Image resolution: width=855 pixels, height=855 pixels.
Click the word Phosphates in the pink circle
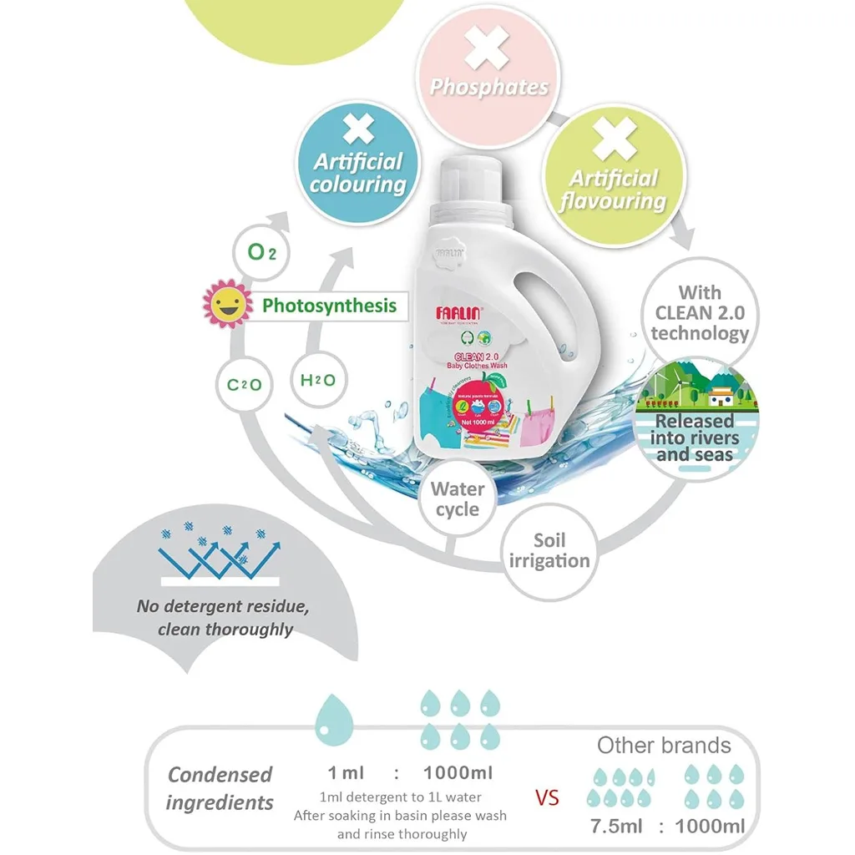tap(489, 88)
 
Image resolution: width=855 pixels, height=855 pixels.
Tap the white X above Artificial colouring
tap(358, 130)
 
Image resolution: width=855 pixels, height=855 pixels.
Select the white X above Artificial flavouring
tap(615, 139)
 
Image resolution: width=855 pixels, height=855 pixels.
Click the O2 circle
tap(262, 251)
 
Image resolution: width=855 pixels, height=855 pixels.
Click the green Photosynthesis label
tap(329, 306)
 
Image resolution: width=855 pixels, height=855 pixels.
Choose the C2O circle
tap(245, 384)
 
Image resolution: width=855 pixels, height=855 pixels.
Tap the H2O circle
tap(317, 381)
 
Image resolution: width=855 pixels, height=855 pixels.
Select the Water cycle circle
tap(458, 499)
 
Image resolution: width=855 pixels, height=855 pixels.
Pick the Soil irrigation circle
tap(549, 551)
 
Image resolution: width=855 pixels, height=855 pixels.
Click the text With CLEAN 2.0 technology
tap(700, 313)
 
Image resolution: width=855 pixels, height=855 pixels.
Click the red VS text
tap(547, 797)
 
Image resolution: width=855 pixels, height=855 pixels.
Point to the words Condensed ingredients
tap(220, 788)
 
